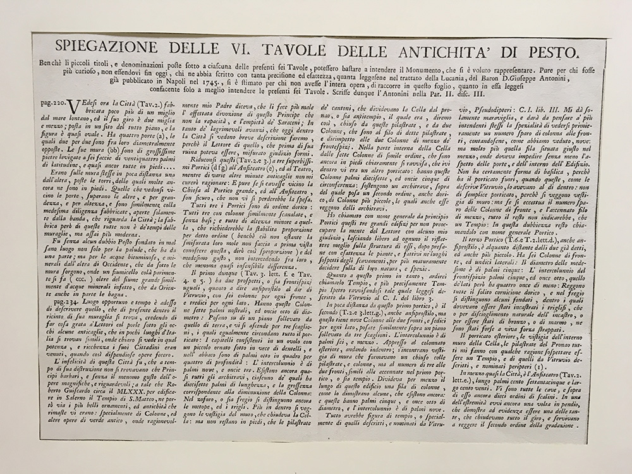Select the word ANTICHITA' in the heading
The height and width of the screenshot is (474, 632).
[449, 52]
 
